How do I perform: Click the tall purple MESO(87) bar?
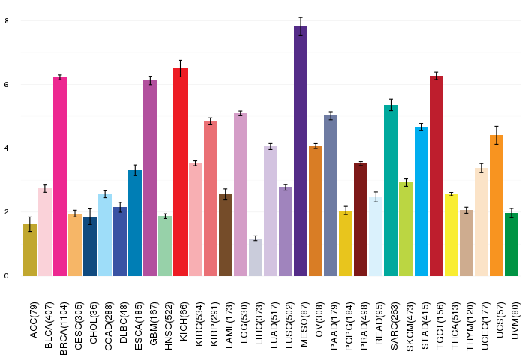tap(301, 150)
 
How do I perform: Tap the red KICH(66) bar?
tap(181, 172)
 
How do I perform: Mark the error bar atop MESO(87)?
tap(301, 26)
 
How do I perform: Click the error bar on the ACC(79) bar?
tap(30, 224)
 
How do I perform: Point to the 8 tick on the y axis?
tap(7, 20)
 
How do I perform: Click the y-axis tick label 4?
tap(7, 148)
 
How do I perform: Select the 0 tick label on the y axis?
tap(7, 276)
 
